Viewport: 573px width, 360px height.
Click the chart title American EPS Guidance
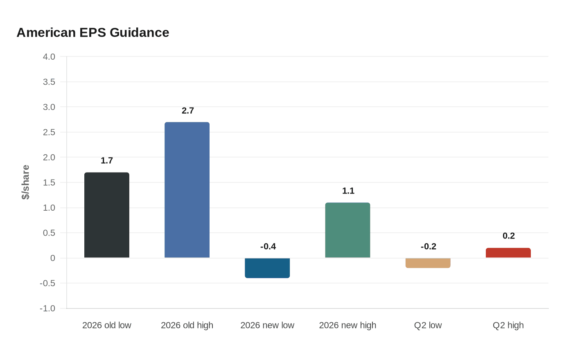click(92, 32)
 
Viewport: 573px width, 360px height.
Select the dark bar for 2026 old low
click(107, 215)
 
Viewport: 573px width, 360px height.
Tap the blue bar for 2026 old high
click(187, 190)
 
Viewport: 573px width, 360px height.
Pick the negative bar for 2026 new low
click(267, 268)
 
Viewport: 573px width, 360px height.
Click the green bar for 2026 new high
click(347, 230)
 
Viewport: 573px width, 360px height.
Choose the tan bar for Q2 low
click(428, 263)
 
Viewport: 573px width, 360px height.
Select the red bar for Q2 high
click(508, 253)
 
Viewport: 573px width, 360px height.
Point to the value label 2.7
click(188, 110)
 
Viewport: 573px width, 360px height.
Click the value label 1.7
click(107, 160)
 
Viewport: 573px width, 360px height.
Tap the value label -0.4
click(268, 246)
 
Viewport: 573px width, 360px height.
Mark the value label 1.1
click(348, 191)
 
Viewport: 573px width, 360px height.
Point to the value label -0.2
click(429, 246)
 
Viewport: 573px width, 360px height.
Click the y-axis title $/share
click(26, 182)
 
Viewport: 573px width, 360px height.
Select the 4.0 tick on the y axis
click(49, 57)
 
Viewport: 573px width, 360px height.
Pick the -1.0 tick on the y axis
click(47, 308)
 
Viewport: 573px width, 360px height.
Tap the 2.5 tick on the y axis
click(49, 132)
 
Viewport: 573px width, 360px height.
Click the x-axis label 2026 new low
click(267, 325)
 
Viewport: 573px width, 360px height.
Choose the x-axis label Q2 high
click(508, 325)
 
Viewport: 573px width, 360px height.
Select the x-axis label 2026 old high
click(187, 325)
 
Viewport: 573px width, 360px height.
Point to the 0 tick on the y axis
click(53, 258)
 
